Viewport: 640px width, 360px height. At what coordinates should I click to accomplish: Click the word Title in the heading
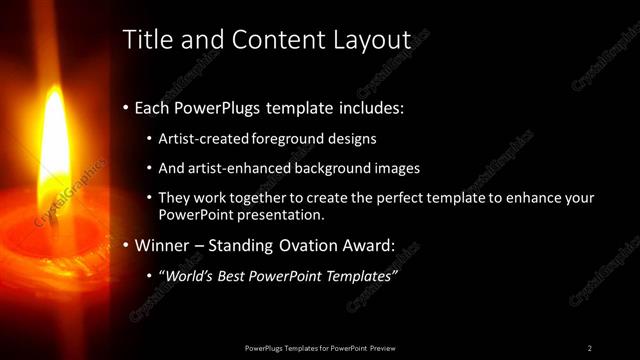144,40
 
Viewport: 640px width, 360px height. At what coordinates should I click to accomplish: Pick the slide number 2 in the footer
589,347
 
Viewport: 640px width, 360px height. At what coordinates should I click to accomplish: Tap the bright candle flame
52,150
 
